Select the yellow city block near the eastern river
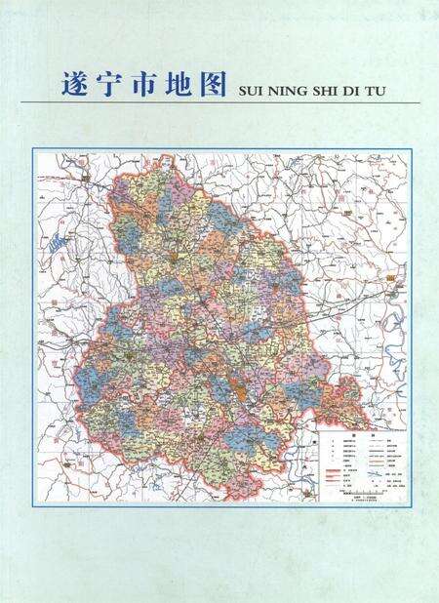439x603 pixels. tap(394, 284)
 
